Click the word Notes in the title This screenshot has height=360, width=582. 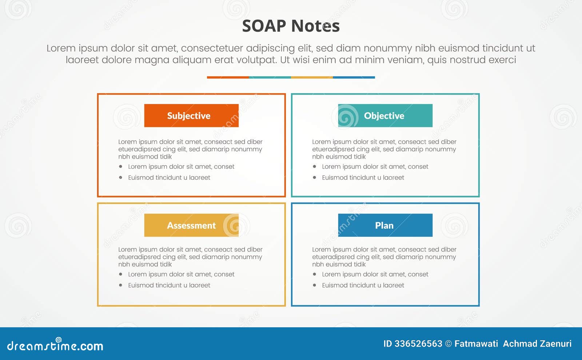[x=315, y=26]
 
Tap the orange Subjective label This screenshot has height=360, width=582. [x=191, y=116]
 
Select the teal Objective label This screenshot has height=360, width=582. [x=385, y=116]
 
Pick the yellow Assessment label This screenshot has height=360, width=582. [x=191, y=225]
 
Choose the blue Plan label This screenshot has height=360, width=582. [x=385, y=225]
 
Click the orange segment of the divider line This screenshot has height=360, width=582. [x=228, y=77]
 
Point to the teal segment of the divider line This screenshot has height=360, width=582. [x=270, y=77]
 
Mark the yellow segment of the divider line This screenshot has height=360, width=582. [x=312, y=77]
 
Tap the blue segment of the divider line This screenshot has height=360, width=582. [x=354, y=77]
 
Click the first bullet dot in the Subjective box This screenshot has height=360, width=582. [x=120, y=167]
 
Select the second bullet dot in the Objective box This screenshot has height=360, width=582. [x=314, y=177]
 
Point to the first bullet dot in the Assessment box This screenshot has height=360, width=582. [x=120, y=274]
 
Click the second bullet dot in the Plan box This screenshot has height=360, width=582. [x=314, y=285]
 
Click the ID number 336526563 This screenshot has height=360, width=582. [x=418, y=344]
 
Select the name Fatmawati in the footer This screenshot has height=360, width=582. [x=476, y=344]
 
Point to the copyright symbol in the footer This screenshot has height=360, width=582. [x=449, y=344]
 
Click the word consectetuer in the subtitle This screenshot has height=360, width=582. [x=212, y=48]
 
